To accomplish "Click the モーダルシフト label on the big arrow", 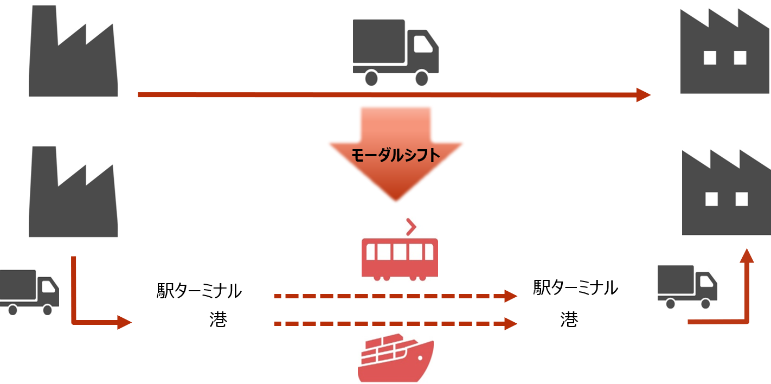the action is pos(395,155).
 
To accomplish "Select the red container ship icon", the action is pos(396,358).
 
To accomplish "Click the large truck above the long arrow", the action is pos(395,53).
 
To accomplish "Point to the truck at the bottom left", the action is pos(29,292).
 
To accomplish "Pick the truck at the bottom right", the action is pos(688,286).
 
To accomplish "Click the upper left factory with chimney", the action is pos(73,51).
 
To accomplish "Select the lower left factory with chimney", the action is pos(73,192).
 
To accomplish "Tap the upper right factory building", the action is pos(725,51).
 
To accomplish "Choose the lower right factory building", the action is pos(726,192).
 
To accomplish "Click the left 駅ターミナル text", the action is pos(199,291).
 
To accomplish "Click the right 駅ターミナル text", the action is pos(575,287).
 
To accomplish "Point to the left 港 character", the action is pos(218,319).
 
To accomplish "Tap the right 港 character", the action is pos(569,319).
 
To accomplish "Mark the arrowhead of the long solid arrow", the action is pos(643,95).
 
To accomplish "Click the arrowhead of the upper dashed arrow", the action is pos(511,296).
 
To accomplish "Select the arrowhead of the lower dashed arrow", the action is pos(511,323).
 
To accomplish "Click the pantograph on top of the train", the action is pos(411,227).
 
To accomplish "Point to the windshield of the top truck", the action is pos(423,44).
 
